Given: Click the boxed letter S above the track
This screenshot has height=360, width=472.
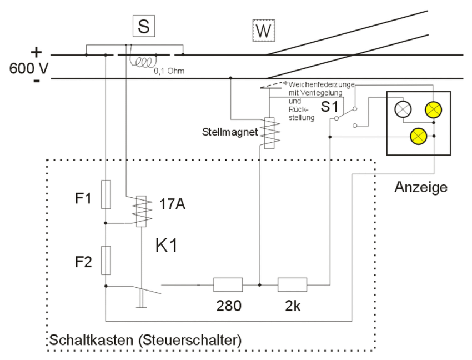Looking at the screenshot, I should pos(143,27).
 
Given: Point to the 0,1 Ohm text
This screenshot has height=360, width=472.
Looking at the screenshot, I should pos(169,72).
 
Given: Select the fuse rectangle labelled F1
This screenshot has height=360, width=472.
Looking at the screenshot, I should pos(106,194).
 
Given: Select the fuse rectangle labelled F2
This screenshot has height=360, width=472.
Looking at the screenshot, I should pos(106,260).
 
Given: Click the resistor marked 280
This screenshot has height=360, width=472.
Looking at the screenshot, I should pos(228,284).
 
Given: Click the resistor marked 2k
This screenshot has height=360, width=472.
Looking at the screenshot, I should pos(292,284).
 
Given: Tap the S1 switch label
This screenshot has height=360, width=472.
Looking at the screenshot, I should pos(330,106).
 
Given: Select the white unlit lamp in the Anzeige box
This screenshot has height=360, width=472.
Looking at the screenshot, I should pos(403,108).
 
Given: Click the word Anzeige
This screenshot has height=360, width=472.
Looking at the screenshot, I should pos(421,187).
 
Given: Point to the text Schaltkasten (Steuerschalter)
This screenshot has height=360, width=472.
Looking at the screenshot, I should pos(145,339).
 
